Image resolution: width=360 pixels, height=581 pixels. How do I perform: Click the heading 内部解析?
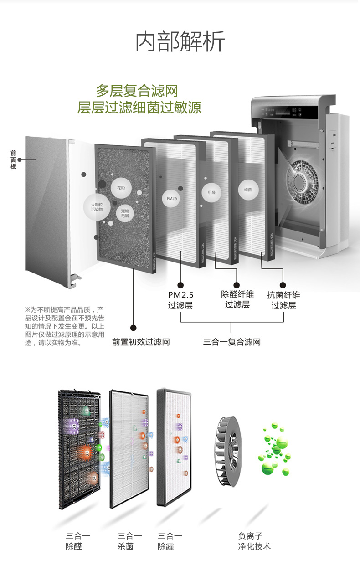pos(180,42)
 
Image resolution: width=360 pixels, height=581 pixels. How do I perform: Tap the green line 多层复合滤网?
pos(136,90)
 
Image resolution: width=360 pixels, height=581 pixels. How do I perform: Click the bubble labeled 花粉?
pos(121,188)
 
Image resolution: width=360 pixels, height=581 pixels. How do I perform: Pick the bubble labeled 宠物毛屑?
pos(125,214)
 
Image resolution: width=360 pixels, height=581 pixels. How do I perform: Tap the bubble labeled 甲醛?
pos(211,192)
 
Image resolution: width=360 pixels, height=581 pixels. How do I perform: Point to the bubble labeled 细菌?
pos(248,189)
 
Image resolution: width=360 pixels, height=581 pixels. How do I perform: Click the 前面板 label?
pos(14,160)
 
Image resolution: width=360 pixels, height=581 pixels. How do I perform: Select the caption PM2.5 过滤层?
pos(180,300)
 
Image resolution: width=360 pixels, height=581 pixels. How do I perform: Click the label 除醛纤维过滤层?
pos(237,299)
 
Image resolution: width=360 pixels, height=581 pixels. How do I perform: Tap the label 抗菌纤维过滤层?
pos(283,300)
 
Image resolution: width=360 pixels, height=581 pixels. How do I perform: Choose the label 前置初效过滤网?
pos(141,342)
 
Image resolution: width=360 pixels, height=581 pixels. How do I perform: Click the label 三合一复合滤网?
pos(231,342)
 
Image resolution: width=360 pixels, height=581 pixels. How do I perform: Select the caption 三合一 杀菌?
pos(129,541)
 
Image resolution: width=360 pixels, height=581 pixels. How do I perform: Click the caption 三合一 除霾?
pos(170,541)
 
